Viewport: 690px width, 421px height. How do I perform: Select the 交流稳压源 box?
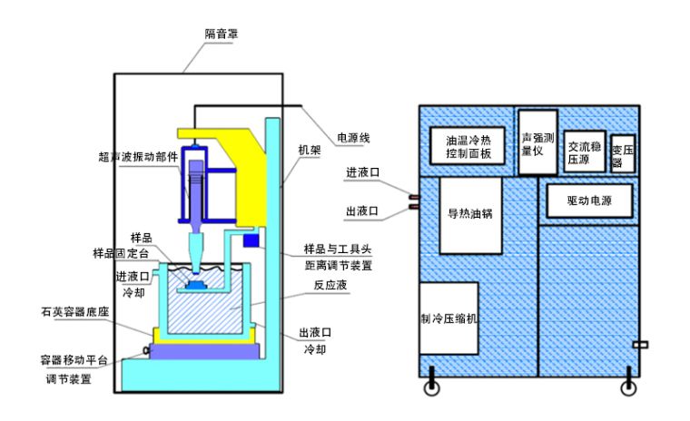click(584, 151)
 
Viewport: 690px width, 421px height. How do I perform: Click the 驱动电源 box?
click(589, 201)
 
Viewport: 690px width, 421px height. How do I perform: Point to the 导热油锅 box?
click(470, 215)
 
